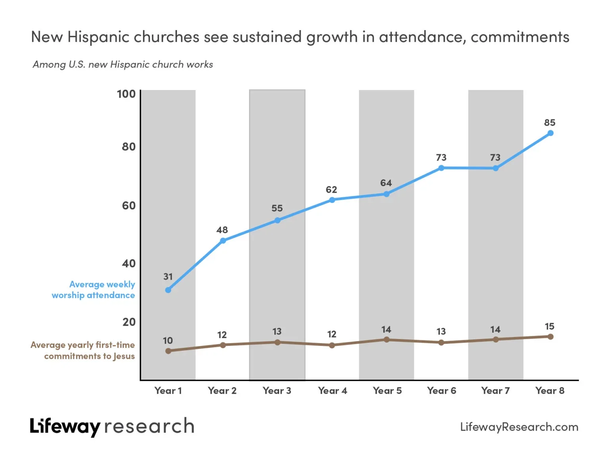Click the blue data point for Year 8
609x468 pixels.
click(550, 133)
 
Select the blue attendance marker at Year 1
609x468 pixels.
click(168, 290)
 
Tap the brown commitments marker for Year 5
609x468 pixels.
click(387, 339)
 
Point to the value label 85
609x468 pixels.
click(550, 123)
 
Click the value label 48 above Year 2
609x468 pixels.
click(222, 230)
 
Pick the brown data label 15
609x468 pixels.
click(550, 326)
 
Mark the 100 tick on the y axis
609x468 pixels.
click(126, 94)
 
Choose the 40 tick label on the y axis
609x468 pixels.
click(128, 263)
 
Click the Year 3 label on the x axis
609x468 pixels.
click(277, 391)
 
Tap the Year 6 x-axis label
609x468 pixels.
click(441, 391)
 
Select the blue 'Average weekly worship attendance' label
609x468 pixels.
click(94, 290)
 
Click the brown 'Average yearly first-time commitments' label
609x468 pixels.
click(83, 351)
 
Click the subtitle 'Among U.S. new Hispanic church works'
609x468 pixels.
click(123, 65)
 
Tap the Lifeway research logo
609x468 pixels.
click(112, 427)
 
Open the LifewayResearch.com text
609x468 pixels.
click(519, 427)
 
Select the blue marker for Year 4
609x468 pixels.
click(332, 200)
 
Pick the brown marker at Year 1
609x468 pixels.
click(168, 351)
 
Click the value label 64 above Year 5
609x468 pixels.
click(386, 183)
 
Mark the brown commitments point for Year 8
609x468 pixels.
click(550, 337)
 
